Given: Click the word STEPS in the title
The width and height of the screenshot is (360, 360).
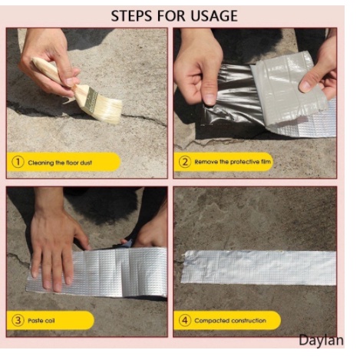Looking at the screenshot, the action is click(131, 16).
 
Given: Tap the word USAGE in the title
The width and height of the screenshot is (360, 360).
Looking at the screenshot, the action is click(214, 16).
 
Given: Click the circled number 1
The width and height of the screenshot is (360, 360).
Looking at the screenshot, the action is click(18, 162).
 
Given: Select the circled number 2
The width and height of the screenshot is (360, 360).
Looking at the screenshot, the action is click(185, 162).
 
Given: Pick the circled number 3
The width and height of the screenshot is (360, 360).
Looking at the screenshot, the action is click(18, 320).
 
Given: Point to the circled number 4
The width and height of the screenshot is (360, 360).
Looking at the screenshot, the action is click(185, 320).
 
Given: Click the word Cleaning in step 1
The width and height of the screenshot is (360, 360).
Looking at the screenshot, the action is click(41, 163).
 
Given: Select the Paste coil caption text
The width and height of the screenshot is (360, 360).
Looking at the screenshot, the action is click(41, 321).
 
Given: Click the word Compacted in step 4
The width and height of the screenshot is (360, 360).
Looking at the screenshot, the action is click(208, 321).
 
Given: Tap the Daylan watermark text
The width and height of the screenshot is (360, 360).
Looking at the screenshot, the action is click(321, 341).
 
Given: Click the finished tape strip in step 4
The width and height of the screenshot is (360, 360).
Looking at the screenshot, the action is click(259, 267).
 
